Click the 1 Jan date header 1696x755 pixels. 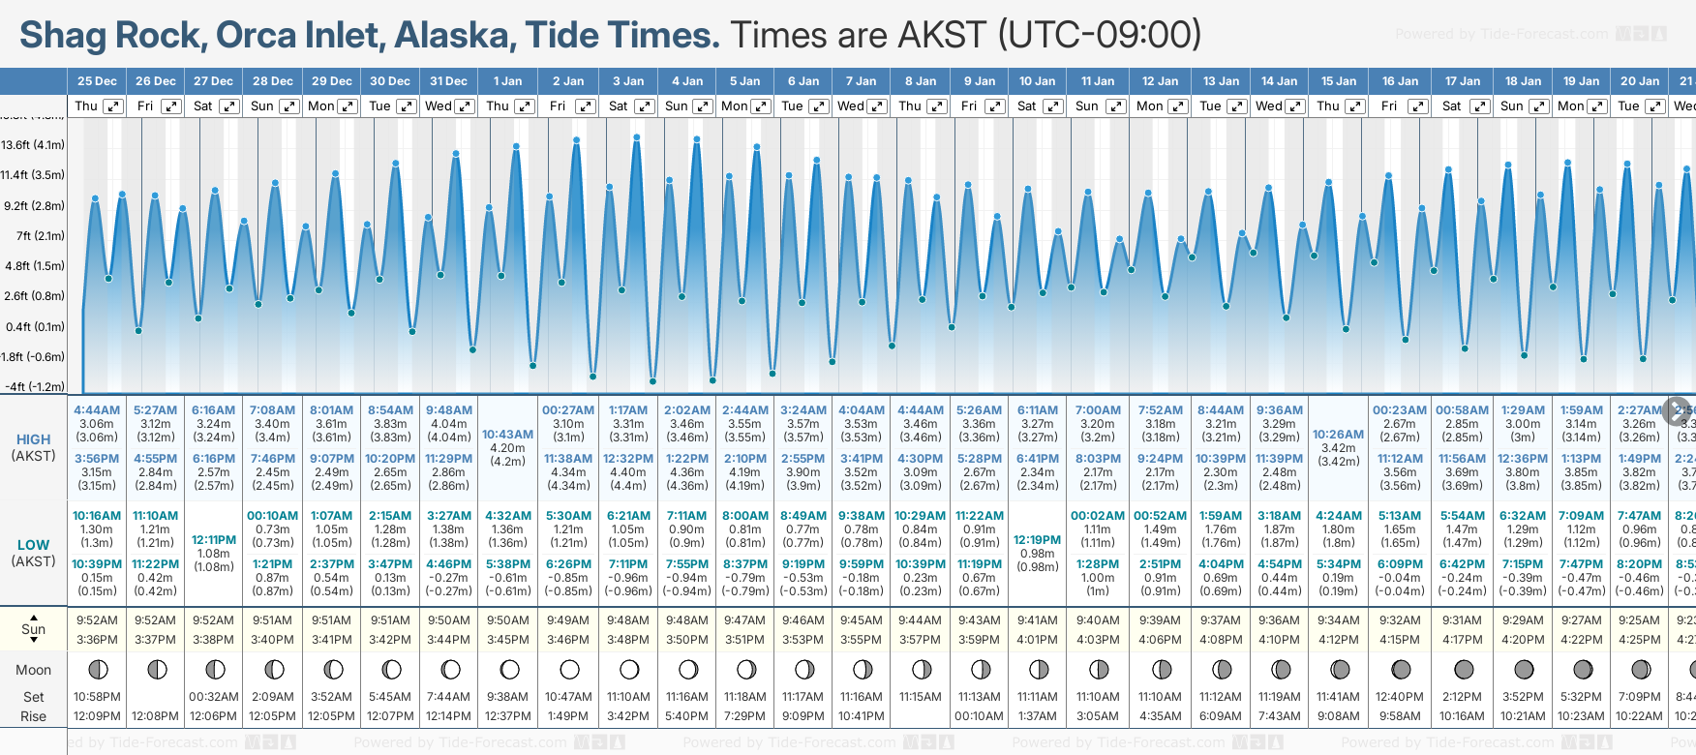507,81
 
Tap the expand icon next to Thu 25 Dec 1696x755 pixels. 113,106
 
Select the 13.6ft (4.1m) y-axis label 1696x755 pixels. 33,145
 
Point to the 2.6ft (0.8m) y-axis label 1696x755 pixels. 33,296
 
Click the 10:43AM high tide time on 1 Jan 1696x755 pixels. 507,435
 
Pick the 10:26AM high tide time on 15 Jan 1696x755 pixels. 1338,435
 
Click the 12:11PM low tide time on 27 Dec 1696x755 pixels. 214,540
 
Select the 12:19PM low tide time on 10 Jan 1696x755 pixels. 1037,540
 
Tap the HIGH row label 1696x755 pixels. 33,439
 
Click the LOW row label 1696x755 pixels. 33,545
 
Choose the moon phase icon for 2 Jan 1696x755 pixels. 569,669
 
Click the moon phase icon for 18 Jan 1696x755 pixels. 1523,669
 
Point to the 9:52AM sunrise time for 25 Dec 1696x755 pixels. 97,620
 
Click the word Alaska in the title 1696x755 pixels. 454,36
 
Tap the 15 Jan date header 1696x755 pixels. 1338,81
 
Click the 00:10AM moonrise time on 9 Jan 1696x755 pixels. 979,716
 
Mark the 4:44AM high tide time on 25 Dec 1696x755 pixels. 97,410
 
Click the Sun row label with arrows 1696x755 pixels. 33,629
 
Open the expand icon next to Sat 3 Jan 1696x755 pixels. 644,106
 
